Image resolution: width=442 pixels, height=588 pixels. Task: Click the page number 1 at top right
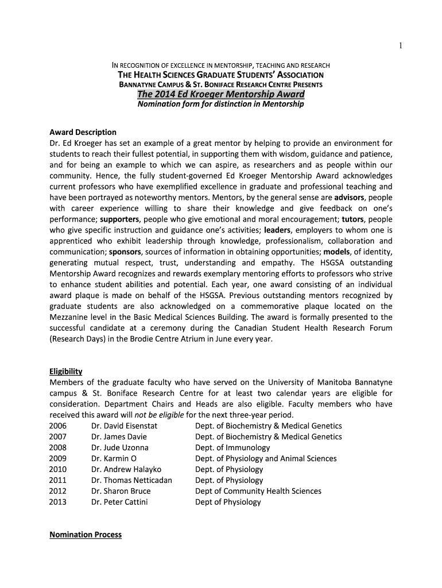(x=401, y=47)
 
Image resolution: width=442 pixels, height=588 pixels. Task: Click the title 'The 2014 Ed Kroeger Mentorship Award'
(x=221, y=94)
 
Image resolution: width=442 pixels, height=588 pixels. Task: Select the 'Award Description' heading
(x=83, y=132)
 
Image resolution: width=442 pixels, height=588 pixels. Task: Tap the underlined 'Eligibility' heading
(x=66, y=372)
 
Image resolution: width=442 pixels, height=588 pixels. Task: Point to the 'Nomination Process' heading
(x=86, y=535)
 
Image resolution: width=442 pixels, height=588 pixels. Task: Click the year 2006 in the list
(x=58, y=426)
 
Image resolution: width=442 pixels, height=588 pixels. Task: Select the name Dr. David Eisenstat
(x=124, y=426)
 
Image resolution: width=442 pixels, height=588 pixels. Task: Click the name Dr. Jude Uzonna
(x=119, y=448)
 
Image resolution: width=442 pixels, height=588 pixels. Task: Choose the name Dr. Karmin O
(x=114, y=459)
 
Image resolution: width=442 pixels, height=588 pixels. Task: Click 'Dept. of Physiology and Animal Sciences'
(x=266, y=459)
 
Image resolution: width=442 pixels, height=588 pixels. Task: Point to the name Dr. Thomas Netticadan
(x=131, y=481)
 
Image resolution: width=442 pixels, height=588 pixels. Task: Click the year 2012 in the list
(x=58, y=492)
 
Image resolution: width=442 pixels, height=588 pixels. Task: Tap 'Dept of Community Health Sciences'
(x=258, y=492)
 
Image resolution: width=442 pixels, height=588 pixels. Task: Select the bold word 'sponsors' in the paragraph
(x=127, y=252)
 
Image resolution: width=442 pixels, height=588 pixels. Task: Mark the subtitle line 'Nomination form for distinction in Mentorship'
(x=221, y=105)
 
